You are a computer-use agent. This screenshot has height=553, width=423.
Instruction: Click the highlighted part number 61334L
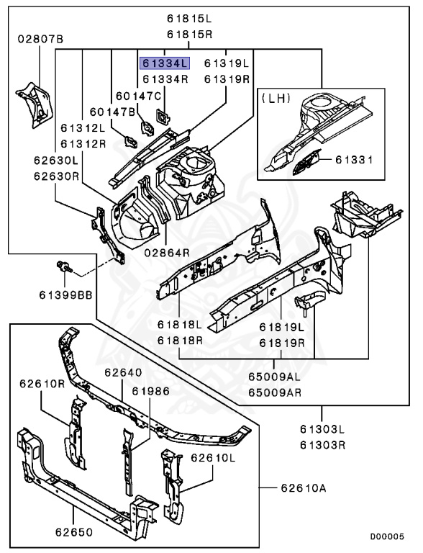(x=165, y=63)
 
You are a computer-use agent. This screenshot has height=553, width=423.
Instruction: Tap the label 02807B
(x=40, y=38)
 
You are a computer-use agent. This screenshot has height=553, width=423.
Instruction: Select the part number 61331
(x=354, y=160)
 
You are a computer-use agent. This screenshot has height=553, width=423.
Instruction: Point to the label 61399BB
(x=65, y=295)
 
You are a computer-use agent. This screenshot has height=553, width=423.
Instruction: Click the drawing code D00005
(x=387, y=536)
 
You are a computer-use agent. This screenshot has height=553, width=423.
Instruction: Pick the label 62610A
(x=304, y=488)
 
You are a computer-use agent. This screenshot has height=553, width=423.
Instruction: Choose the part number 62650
(x=74, y=532)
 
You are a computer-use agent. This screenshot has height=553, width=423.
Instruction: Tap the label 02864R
(x=167, y=253)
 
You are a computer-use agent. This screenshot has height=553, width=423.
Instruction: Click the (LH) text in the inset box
(x=276, y=98)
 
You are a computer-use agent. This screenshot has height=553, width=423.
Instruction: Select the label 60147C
(x=139, y=96)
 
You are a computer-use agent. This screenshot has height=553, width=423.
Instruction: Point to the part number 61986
(x=150, y=391)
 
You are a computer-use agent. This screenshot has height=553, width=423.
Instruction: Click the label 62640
(x=124, y=372)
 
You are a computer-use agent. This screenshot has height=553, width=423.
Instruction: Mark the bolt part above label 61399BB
(x=64, y=266)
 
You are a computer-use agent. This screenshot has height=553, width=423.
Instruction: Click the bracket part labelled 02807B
(x=35, y=104)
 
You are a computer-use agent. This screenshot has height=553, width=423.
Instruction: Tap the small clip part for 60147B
(x=130, y=141)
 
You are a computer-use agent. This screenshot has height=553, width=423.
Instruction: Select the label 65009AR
(x=275, y=392)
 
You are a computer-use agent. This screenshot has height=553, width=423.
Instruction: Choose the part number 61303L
(x=322, y=429)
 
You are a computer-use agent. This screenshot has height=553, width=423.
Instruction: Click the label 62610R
(x=42, y=383)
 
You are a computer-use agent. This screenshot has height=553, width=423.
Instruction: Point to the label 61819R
(x=282, y=343)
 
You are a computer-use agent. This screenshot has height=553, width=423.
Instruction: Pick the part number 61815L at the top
(x=190, y=19)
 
